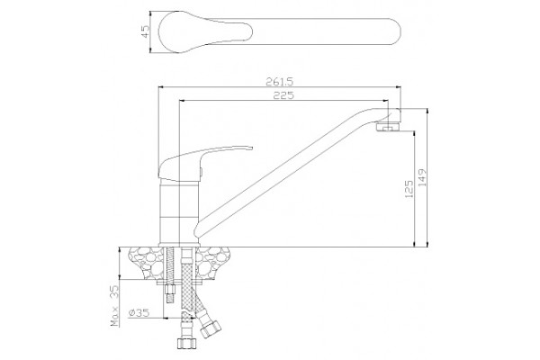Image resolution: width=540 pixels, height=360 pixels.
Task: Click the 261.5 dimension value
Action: tap(279, 82)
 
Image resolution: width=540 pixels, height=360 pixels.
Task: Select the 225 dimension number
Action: tap(283, 95)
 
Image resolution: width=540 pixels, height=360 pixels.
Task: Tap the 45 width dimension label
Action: tap(146, 31)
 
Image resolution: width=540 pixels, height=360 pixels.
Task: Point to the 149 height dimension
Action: tap(422, 177)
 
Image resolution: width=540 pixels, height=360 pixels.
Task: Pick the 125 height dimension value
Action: tap(409, 189)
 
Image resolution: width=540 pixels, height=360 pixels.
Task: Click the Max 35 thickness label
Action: tap(114, 305)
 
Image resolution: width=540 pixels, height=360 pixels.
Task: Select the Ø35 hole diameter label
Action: tap(139, 313)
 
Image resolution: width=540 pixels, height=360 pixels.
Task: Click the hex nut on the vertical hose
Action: tap(186, 343)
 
